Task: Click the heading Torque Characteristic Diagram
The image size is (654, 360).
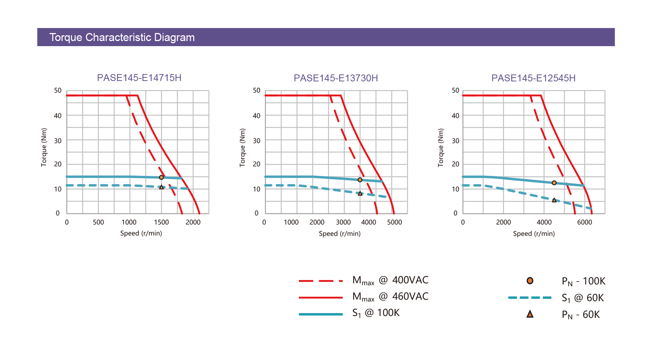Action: pyautogui.click(x=122, y=37)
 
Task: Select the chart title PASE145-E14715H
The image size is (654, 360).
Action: pyautogui.click(x=139, y=78)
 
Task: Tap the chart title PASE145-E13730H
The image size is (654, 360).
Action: pyautogui.click(x=336, y=78)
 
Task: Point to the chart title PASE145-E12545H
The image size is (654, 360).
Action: pyautogui.click(x=533, y=78)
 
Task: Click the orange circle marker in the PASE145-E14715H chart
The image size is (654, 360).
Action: pyautogui.click(x=161, y=177)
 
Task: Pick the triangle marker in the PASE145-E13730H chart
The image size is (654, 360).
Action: pyautogui.click(x=360, y=194)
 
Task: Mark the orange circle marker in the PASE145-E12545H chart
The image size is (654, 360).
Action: pyautogui.click(x=554, y=183)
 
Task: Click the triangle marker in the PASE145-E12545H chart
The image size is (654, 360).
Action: pyautogui.click(x=554, y=200)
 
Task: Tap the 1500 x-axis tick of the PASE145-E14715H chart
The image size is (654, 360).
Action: pyautogui.click(x=161, y=222)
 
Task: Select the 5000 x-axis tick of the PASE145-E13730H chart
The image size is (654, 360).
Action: pyautogui.click(x=395, y=222)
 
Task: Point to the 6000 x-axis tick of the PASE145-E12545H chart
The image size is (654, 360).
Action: pyautogui.click(x=585, y=222)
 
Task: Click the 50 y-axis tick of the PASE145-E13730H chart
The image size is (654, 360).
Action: pyautogui.click(x=257, y=90)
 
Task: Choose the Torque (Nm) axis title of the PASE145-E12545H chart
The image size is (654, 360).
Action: pyautogui.click(x=441, y=147)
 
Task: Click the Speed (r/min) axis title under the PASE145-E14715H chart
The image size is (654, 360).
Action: pyautogui.click(x=141, y=233)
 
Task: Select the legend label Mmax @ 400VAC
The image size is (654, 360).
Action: pyautogui.click(x=390, y=280)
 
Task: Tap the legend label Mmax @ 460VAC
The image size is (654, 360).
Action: pyautogui.click(x=390, y=297)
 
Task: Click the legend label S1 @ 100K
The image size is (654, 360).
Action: pyautogui.click(x=376, y=313)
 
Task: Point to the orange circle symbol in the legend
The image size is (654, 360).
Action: pyautogui.click(x=530, y=281)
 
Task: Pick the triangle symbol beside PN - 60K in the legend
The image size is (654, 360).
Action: pyautogui.click(x=530, y=314)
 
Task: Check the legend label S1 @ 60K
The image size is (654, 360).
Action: pyautogui.click(x=582, y=298)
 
